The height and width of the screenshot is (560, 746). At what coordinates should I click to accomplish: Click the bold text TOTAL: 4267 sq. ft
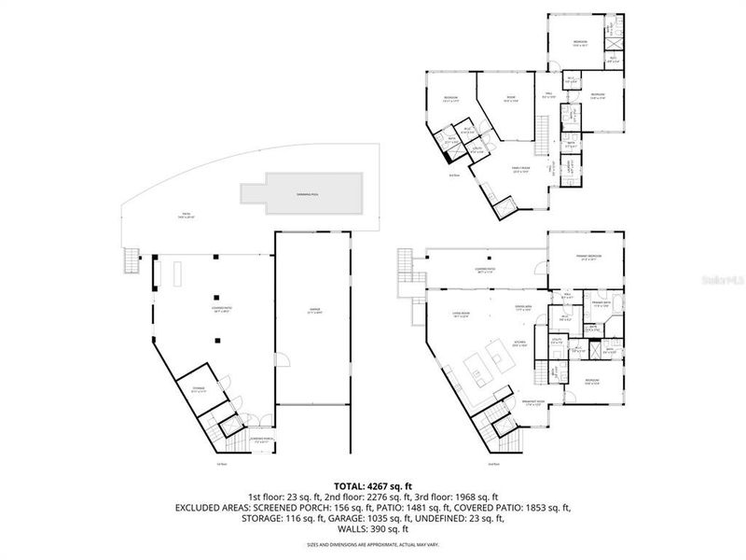(x=372, y=484)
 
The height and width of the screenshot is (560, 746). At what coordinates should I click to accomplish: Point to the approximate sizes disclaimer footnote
(x=372, y=544)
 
